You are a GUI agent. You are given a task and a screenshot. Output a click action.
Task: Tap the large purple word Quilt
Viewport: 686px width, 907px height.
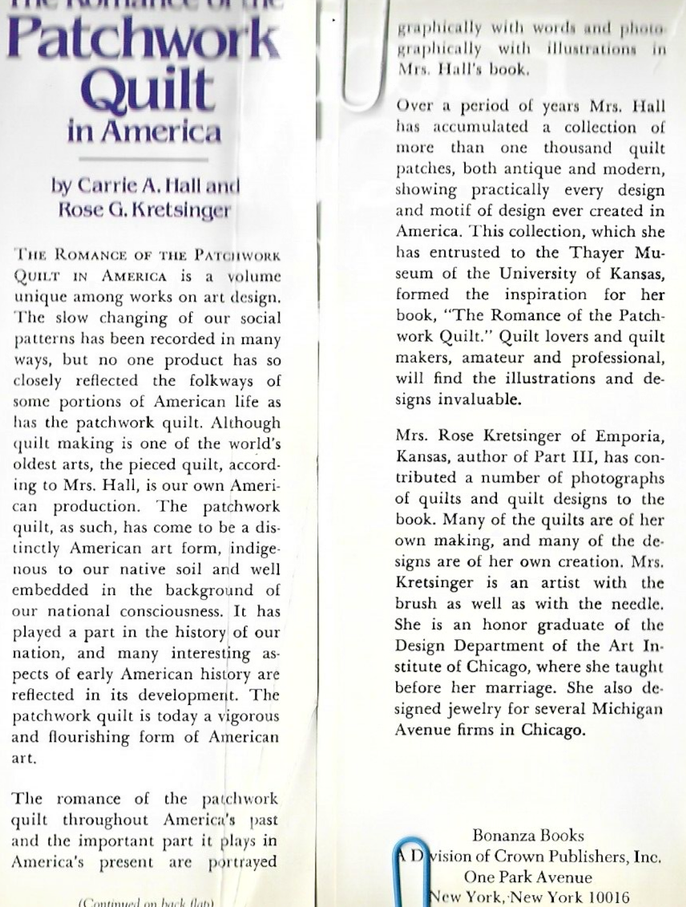point(148,91)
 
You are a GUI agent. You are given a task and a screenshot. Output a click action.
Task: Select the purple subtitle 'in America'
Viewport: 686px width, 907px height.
point(144,131)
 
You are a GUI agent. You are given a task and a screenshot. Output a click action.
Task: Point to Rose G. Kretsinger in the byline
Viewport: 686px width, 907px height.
point(143,210)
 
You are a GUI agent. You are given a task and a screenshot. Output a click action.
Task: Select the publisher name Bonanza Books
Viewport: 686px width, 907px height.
point(528,836)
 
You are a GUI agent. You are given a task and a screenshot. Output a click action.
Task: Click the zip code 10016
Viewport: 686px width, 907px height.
point(604,897)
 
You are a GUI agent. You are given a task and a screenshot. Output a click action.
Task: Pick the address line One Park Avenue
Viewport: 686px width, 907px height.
point(528,877)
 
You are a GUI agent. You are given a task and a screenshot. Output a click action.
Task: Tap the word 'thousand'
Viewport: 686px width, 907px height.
point(577,148)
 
